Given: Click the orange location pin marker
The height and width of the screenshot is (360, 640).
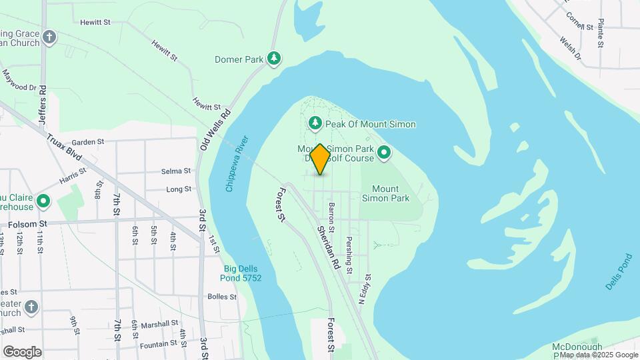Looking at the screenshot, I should (320, 159).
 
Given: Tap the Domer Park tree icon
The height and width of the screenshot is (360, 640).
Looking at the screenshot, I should (273, 59).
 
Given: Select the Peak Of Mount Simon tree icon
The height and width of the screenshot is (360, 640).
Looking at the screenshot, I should (315, 123).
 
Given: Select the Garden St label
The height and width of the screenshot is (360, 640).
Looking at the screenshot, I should (88, 142).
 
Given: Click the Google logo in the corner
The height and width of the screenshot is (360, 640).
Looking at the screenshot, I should (22, 351).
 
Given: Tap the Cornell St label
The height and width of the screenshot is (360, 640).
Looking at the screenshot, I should (579, 22).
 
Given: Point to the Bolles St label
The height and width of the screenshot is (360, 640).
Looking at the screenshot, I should (223, 296).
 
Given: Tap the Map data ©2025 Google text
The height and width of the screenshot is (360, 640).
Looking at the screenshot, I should (599, 355).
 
